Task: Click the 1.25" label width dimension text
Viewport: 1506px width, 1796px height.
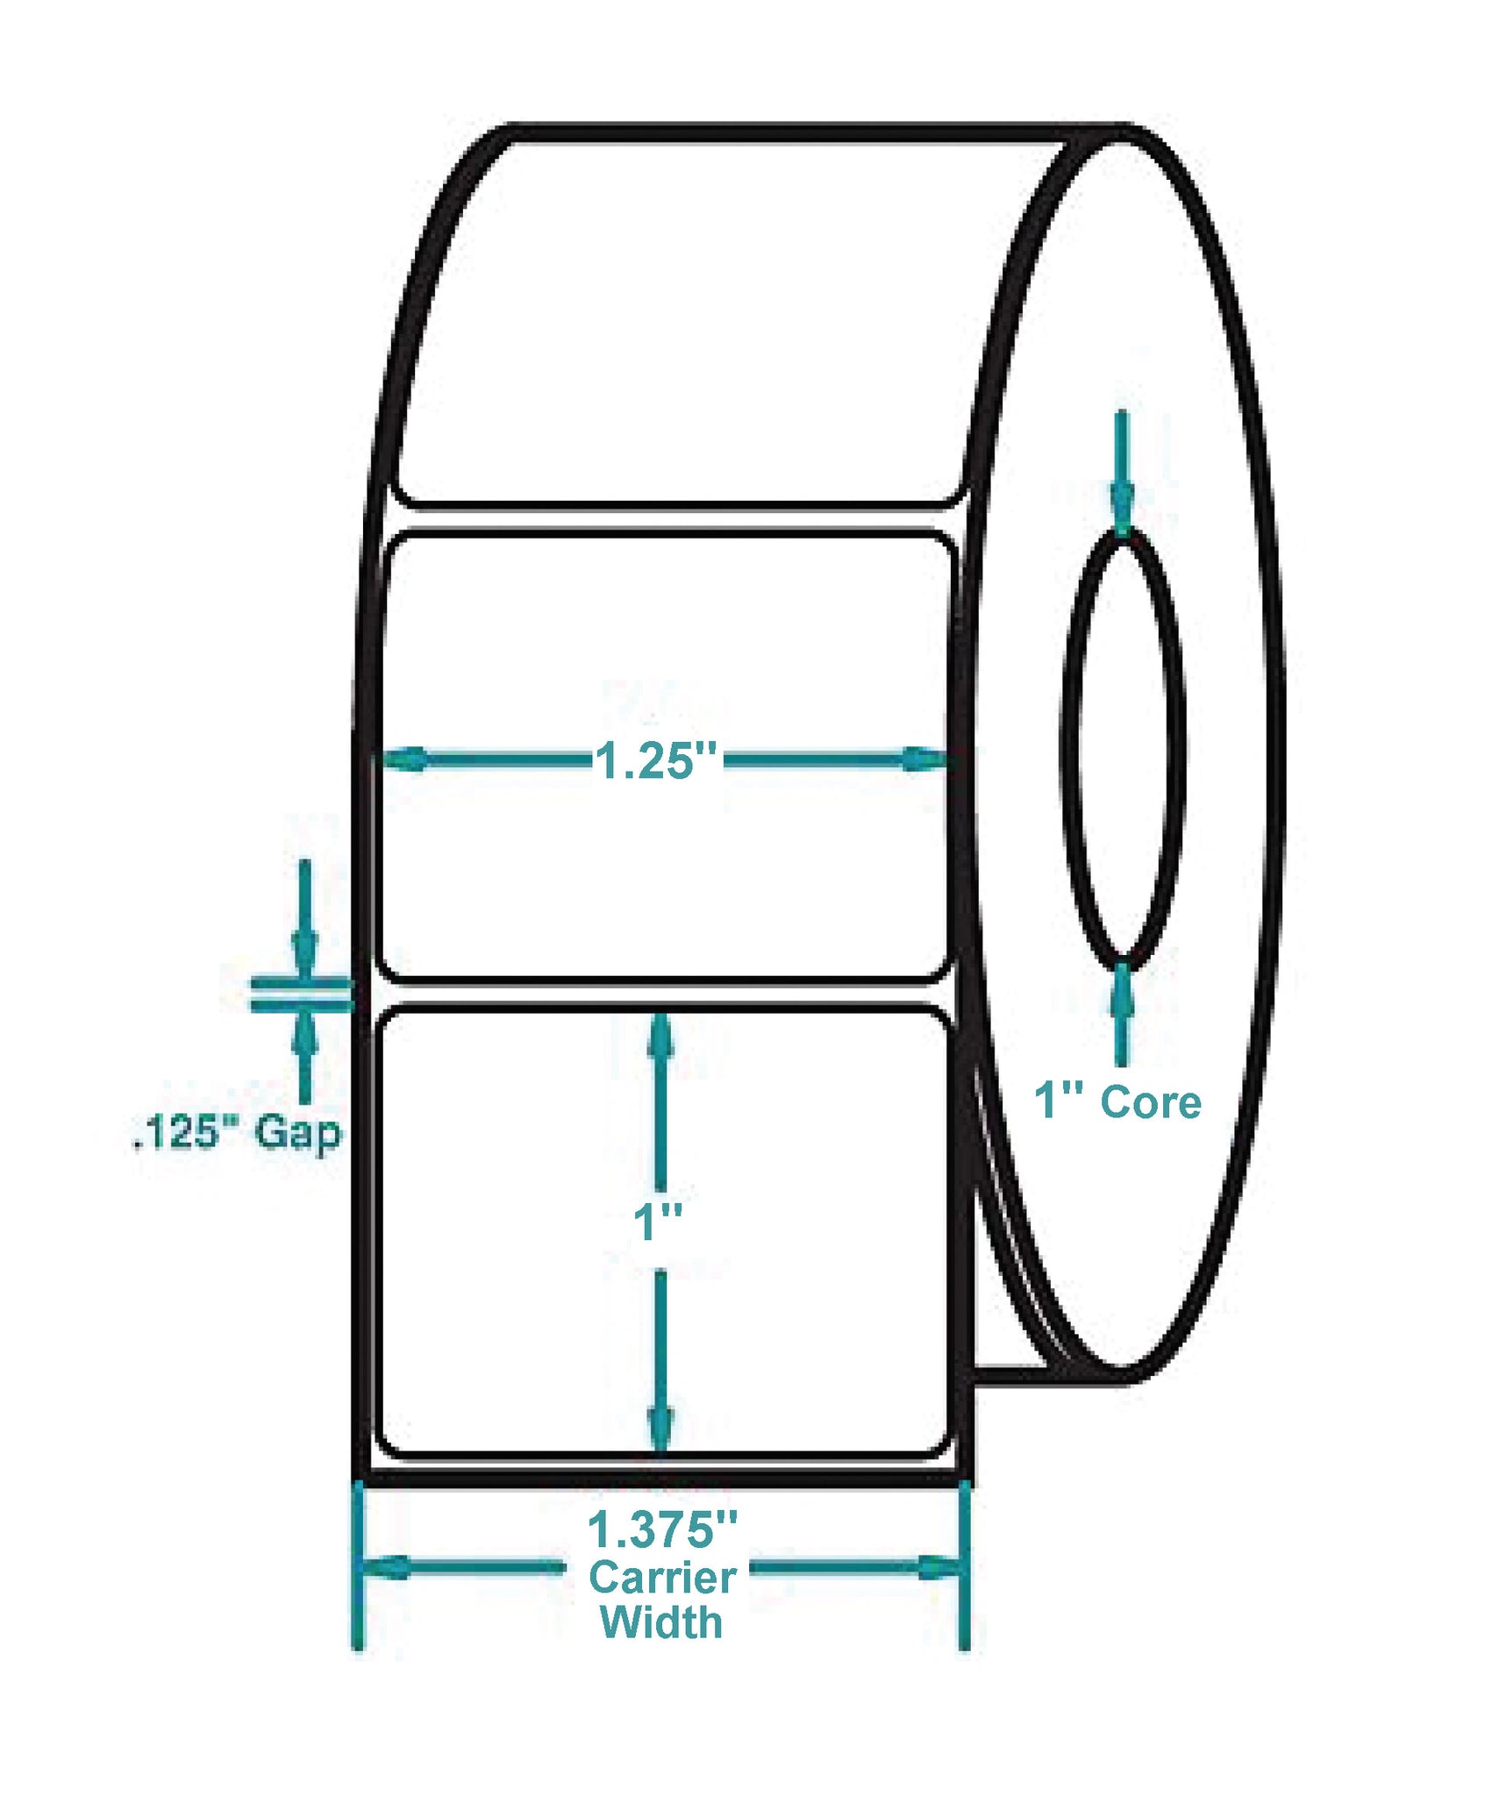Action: pos(656,760)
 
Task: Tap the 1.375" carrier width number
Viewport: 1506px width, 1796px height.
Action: pos(662,1529)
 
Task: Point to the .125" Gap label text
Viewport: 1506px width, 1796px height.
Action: pos(237,1133)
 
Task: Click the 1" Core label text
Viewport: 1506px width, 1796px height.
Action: pos(1117,1101)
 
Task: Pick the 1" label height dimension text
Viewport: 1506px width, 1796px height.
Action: pos(658,1222)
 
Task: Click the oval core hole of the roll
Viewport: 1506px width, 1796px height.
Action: pos(1123,750)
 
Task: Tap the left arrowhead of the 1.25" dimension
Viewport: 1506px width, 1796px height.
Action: pos(404,759)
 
